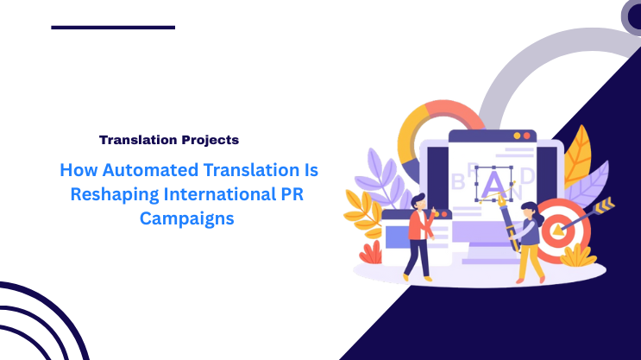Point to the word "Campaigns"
[187, 219]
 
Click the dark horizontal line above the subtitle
[113, 28]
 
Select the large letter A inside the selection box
[493, 183]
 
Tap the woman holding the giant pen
[529, 242]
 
